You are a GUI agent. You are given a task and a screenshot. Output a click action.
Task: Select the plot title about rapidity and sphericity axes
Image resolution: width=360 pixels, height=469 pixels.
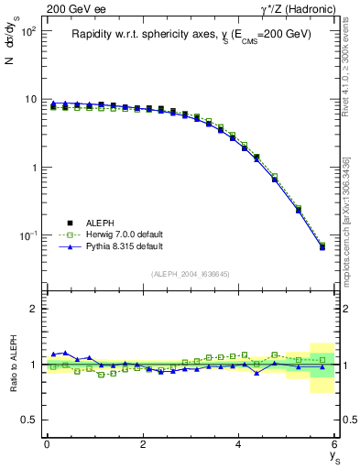[191, 34]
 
